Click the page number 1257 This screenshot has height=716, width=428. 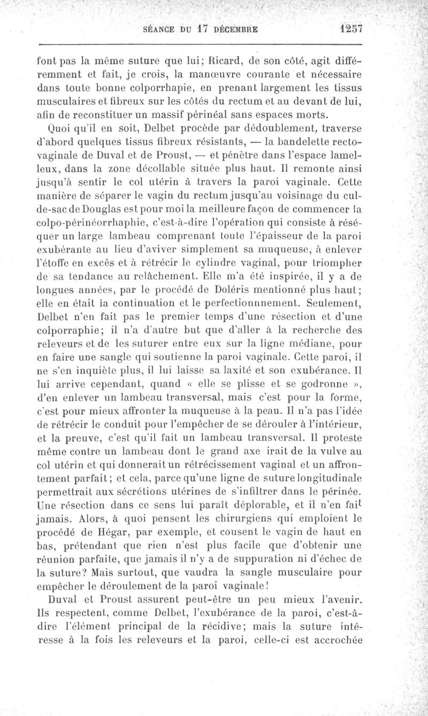click(347, 28)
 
